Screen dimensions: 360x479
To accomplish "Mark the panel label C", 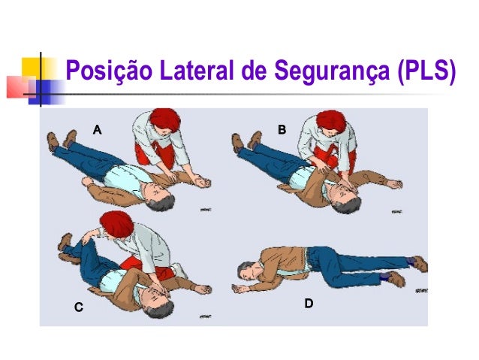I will [77, 307].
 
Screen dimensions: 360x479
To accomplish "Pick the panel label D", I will [308, 304].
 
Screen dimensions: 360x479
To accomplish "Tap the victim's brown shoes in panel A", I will [60, 141].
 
